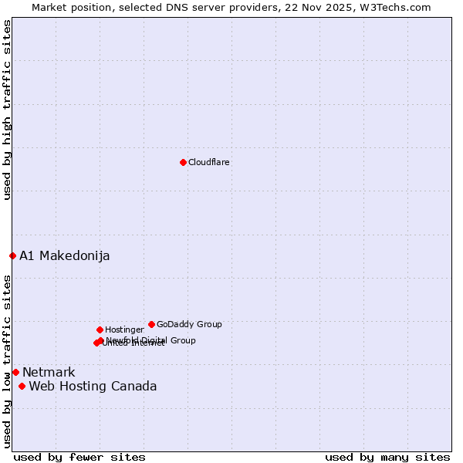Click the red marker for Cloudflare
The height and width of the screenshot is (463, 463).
183,162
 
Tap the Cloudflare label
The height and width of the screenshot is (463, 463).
209,162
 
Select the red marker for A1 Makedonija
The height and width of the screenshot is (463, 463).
12,255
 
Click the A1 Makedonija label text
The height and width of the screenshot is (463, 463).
65,255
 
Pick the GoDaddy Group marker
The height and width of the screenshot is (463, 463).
151,324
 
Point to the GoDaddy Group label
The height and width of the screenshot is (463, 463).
189,324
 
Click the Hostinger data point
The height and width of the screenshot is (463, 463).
100,330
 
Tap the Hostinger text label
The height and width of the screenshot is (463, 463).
124,330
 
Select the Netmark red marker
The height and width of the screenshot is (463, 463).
15,372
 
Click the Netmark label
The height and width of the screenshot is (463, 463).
49,372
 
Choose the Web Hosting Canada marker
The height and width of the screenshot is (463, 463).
22,386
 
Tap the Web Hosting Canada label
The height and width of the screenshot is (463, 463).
93,386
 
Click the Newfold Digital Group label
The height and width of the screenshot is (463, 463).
152,340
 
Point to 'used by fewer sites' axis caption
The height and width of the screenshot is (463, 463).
79,457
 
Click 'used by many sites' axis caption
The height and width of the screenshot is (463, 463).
387,457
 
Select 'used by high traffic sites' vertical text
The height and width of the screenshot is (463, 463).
7,110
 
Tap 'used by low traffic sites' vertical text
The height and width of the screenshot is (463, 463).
7,360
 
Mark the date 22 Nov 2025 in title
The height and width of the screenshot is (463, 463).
330,7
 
